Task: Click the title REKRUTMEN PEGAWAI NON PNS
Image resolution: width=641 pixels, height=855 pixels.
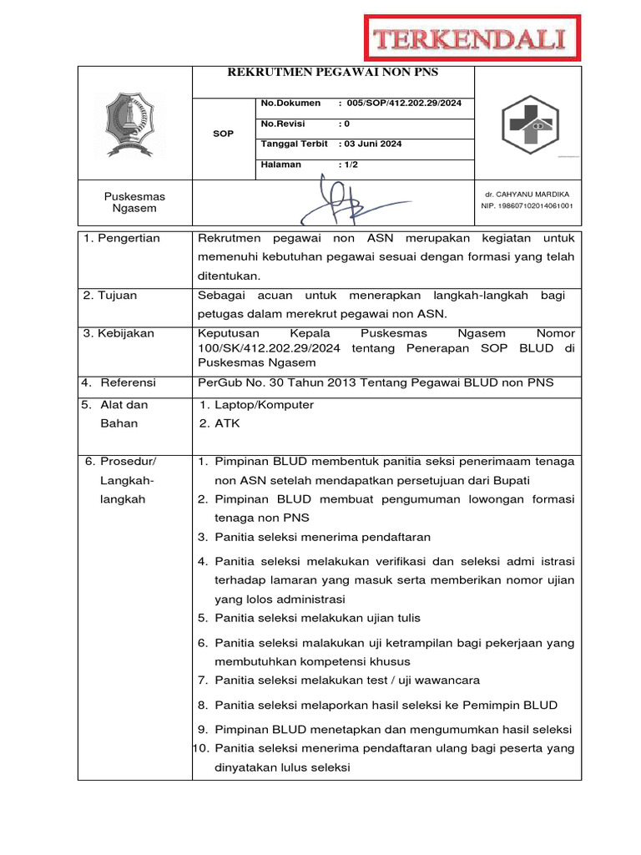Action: point(333,73)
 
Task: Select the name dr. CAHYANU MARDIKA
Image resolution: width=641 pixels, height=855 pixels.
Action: point(527,194)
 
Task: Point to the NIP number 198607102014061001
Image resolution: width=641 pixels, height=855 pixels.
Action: point(527,205)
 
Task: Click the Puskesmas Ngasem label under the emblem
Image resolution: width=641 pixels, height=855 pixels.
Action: point(134,202)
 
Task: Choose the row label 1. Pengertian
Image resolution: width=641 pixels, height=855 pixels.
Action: point(122,239)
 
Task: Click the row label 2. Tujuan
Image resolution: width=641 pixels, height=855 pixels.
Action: point(110,296)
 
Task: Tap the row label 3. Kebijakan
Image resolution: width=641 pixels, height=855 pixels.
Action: point(119,333)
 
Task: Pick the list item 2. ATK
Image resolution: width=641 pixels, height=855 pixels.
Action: point(220,423)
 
